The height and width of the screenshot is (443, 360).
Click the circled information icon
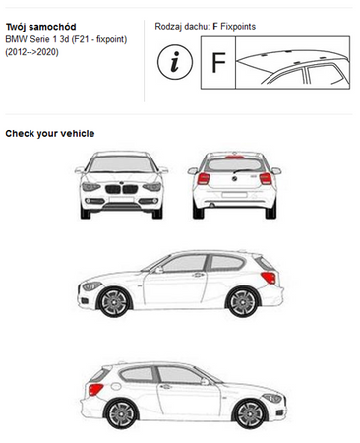(175, 62)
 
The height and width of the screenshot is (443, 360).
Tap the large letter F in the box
(218, 63)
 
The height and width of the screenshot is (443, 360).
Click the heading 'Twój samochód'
(40, 27)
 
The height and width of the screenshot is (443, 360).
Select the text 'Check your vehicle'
(50, 134)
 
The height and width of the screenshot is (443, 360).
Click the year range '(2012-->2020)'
(31, 52)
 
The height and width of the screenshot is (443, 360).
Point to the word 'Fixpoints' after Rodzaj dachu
(238, 27)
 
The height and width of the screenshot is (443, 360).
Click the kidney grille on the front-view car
(121, 189)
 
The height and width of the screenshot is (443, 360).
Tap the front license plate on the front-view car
(121, 200)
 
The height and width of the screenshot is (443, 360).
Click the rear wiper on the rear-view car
(244, 171)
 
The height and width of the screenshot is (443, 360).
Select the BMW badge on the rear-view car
(234, 178)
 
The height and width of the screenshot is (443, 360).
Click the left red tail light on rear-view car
(204, 178)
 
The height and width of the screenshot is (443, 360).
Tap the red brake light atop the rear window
(234, 158)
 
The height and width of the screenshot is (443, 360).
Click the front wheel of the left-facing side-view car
(114, 302)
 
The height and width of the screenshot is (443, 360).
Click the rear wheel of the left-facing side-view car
(243, 302)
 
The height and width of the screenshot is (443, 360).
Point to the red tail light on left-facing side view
(269, 278)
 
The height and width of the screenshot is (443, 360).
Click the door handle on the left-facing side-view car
(198, 275)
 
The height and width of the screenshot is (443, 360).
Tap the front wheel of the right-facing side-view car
(251, 413)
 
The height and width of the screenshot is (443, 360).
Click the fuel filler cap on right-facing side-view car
(116, 386)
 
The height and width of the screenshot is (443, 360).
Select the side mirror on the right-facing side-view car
(205, 382)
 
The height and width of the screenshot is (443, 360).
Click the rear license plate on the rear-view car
(234, 195)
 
